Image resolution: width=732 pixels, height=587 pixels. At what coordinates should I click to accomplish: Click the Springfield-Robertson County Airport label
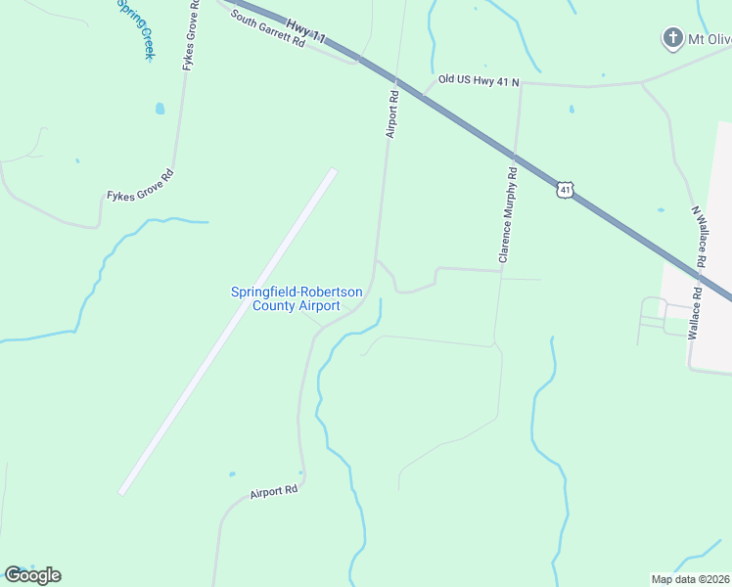pos(284,298)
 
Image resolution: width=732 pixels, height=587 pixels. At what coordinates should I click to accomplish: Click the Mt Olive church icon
pos(671,39)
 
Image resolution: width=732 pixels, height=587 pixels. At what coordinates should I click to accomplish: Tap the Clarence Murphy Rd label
pos(507,214)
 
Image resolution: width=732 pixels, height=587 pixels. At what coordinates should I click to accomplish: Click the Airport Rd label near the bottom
pos(273,491)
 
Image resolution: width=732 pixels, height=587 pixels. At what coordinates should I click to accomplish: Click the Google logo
pos(32,575)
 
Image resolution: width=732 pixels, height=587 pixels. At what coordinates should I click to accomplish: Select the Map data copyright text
pos(690,579)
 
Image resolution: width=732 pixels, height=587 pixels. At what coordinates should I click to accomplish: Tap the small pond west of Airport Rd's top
pos(160,109)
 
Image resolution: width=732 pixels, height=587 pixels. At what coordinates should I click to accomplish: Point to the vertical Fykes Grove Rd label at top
pos(190,34)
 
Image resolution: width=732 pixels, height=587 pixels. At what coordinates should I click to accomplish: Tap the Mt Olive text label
pos(709,40)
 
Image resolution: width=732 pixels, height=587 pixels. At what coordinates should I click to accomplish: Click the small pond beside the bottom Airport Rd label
pos(231,474)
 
